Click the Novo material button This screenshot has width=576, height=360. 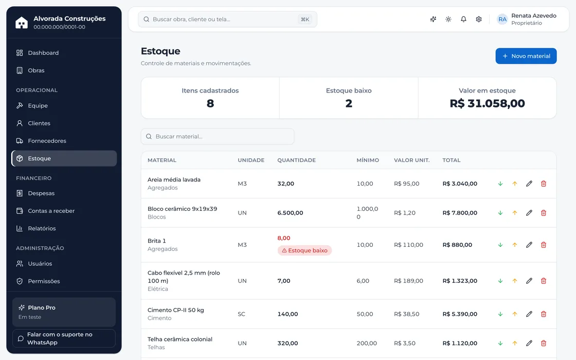(x=526, y=56)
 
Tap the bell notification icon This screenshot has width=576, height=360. (x=463, y=19)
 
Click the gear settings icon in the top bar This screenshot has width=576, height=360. (x=479, y=19)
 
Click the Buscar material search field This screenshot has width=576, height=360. (x=218, y=136)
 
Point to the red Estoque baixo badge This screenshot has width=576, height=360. (x=304, y=250)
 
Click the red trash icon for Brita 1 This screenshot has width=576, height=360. (x=543, y=245)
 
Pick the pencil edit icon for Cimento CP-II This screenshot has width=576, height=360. (x=529, y=314)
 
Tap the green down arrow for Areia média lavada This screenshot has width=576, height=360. (x=500, y=184)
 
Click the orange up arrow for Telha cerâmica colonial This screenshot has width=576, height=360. (x=515, y=343)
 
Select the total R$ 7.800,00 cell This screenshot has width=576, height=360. (x=460, y=213)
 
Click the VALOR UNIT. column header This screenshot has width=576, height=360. (x=412, y=160)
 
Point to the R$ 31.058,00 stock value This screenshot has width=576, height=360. (x=487, y=103)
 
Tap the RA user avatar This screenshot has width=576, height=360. (x=502, y=19)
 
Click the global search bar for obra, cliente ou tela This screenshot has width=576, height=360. (x=227, y=19)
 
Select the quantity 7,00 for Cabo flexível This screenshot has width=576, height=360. (x=284, y=281)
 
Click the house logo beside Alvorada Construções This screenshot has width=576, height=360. (x=22, y=23)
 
